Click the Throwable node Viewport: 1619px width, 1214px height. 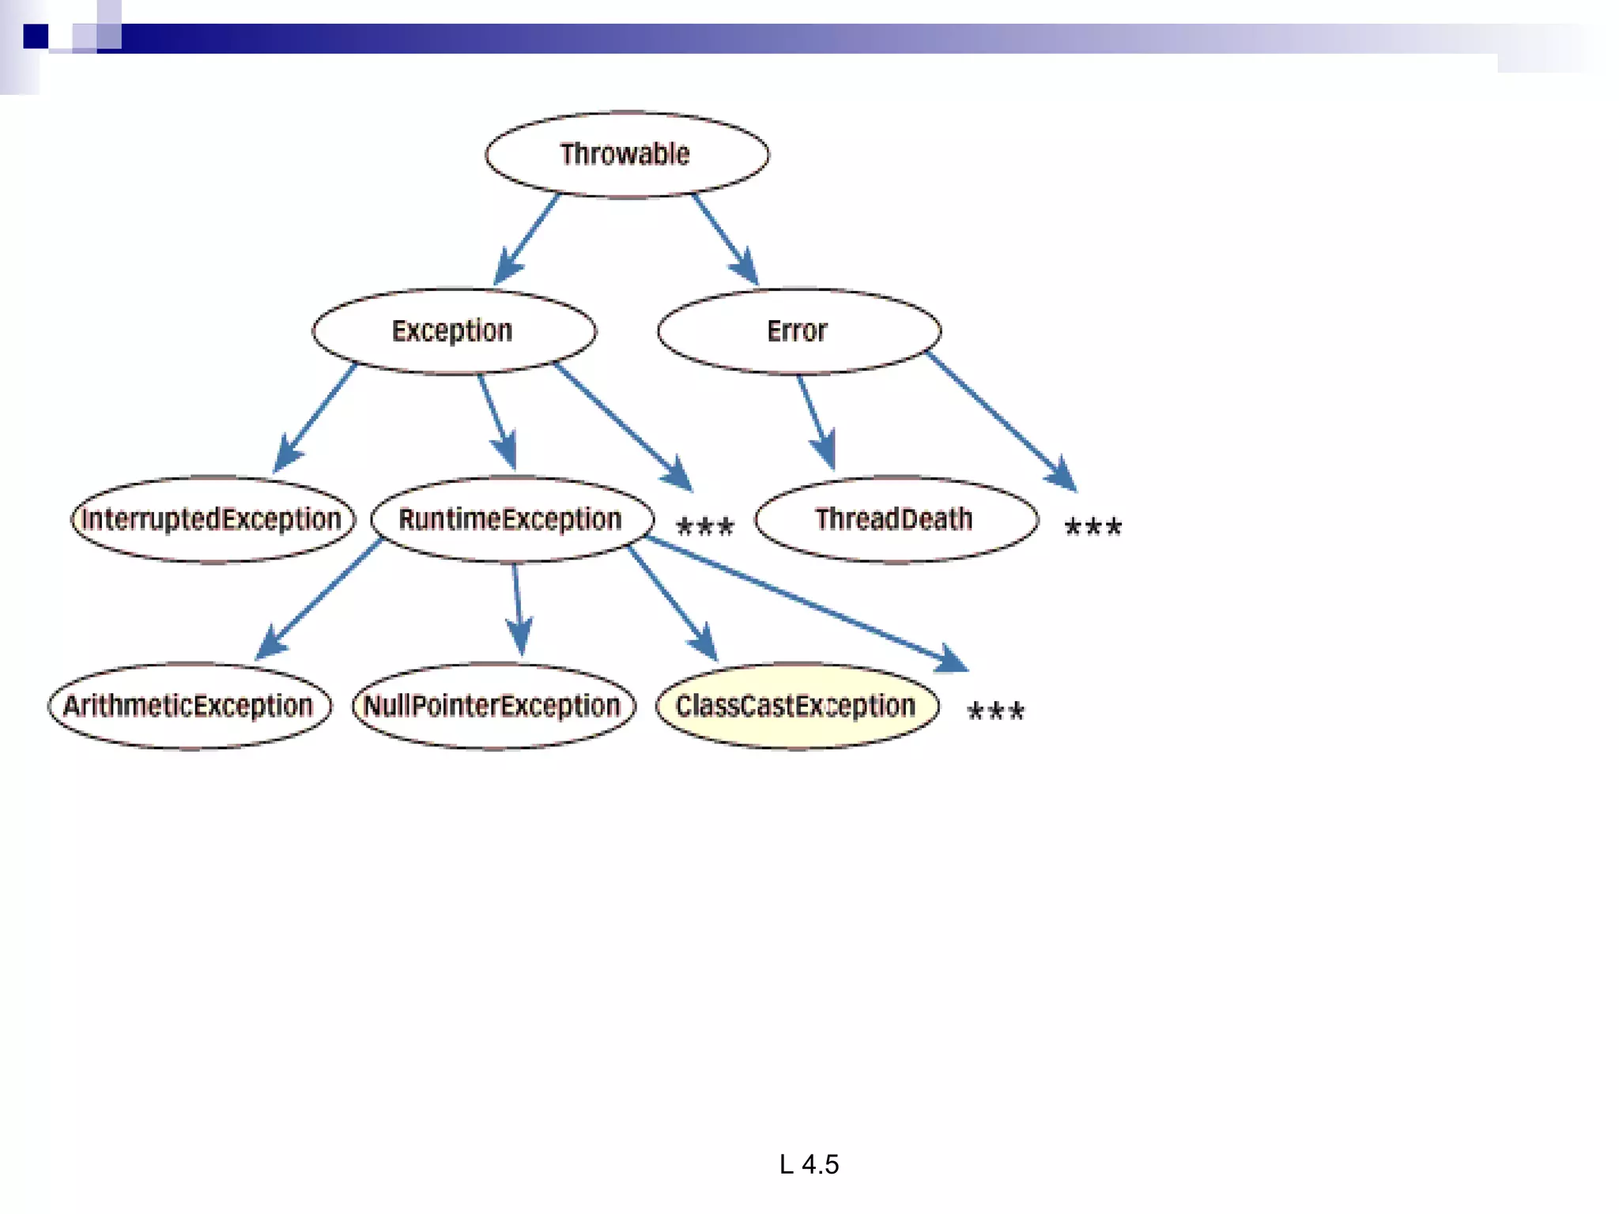[x=626, y=154]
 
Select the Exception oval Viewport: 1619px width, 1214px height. [x=453, y=330]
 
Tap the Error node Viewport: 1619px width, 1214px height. [x=798, y=330]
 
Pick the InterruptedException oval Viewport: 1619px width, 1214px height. [x=212, y=519]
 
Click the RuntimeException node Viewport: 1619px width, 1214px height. [x=511, y=519]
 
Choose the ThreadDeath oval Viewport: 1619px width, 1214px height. [x=896, y=519]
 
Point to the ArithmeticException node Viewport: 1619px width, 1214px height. [x=189, y=706]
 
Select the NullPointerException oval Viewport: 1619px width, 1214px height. [x=493, y=706]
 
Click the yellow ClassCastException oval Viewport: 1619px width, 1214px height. [x=797, y=706]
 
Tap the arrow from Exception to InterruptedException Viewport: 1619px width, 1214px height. [x=315, y=419]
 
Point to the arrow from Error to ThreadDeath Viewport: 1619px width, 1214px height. [x=816, y=422]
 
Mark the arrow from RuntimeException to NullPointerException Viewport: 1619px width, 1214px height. [x=518, y=609]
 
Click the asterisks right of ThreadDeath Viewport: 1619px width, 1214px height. [x=1093, y=526]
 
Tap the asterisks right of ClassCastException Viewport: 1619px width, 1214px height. [x=996, y=711]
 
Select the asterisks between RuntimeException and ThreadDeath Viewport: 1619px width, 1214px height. [x=705, y=526]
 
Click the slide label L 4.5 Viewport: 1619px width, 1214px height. [x=809, y=1164]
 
